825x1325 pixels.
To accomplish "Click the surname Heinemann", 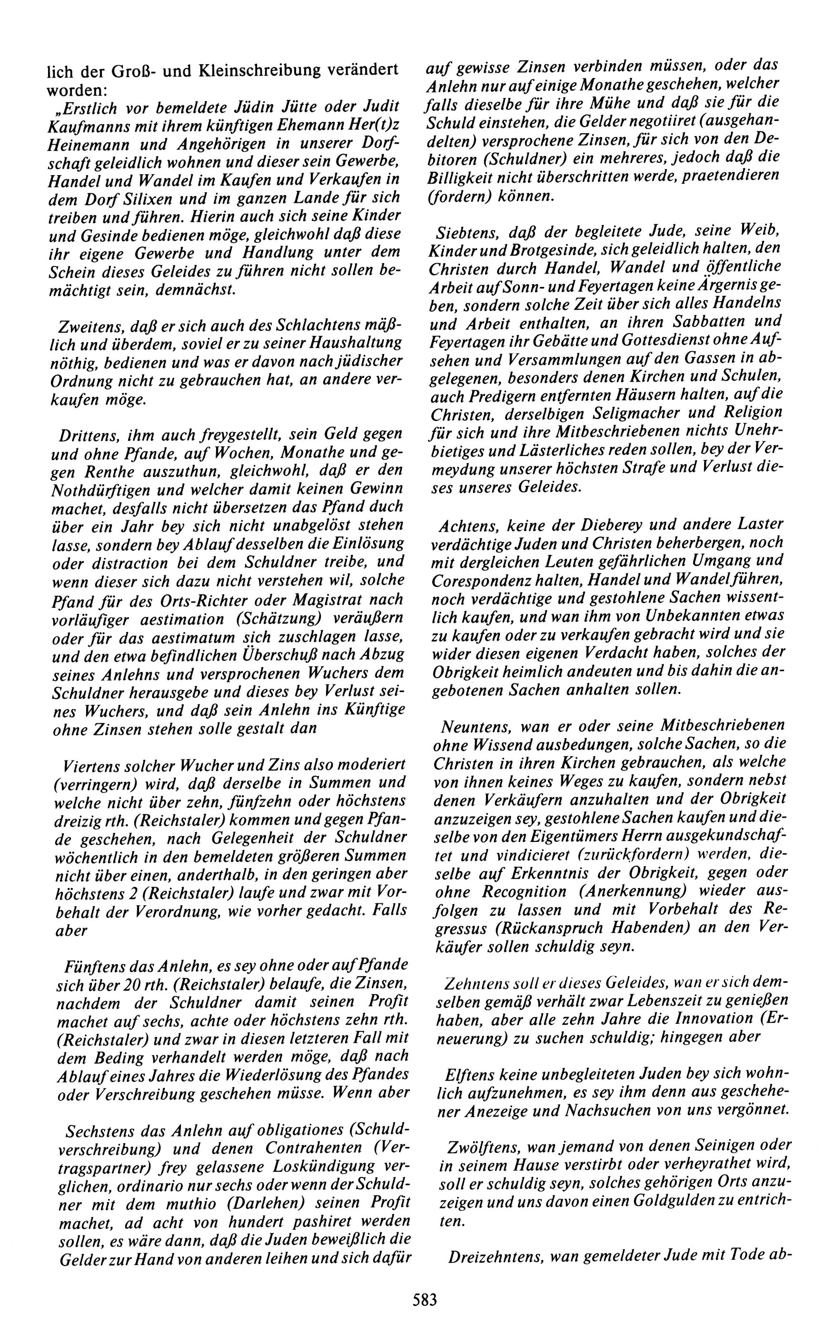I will click(90, 143).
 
